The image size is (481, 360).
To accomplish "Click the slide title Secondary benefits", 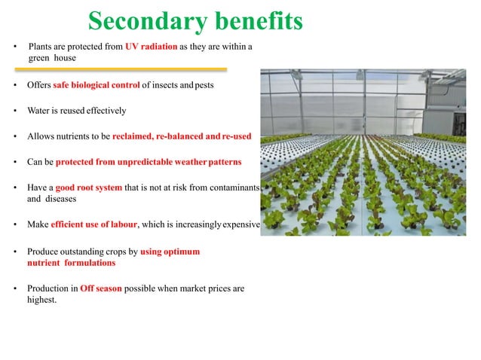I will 195,21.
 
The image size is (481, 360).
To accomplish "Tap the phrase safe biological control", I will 97,85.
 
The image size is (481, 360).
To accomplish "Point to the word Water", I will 39,111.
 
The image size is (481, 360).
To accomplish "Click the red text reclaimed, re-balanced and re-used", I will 181,136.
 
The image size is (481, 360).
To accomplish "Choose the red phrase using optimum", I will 170,251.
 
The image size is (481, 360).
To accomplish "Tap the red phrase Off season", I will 100,288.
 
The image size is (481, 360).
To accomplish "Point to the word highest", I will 42,301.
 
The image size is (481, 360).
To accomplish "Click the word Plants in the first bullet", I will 39,47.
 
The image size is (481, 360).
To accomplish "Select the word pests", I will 204,85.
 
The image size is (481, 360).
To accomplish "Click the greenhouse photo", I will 369,151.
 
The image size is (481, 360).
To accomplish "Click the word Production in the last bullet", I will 47,288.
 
